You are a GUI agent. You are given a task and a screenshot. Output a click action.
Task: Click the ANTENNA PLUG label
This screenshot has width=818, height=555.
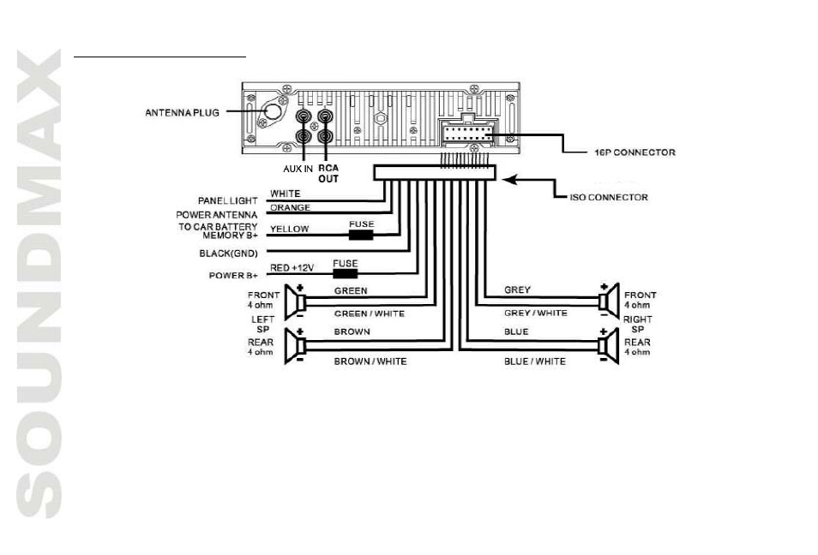182,112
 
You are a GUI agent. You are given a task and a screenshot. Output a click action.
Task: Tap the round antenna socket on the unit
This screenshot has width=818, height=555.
273,112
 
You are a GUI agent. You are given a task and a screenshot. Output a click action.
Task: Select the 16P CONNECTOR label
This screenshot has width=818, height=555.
635,152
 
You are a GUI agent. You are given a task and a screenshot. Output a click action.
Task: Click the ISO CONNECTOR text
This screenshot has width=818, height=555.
609,198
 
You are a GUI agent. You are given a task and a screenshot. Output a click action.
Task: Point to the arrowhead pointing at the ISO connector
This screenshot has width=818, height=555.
509,180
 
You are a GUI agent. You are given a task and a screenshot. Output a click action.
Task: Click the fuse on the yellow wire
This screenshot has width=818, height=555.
361,235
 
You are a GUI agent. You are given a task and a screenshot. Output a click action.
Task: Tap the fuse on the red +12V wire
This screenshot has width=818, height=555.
346,274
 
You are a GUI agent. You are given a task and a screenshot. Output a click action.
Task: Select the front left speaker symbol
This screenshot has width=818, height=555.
295,301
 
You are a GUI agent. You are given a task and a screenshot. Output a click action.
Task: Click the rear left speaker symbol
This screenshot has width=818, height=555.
295,345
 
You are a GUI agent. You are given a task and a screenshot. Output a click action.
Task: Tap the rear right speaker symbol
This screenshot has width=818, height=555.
609,345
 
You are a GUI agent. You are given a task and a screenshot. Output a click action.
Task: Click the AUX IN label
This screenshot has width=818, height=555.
298,169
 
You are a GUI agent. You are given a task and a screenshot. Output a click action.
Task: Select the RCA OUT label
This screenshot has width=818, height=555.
328,174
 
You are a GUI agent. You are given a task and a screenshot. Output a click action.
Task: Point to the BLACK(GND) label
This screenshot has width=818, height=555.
228,254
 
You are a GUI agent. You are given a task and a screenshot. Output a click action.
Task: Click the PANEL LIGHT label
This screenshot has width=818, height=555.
227,200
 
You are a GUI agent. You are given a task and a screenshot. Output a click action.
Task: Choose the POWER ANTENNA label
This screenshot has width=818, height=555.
216,215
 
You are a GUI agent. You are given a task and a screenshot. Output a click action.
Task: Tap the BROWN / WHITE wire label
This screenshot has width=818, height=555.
370,361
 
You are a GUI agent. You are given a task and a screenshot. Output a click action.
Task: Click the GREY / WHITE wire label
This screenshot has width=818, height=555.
536,313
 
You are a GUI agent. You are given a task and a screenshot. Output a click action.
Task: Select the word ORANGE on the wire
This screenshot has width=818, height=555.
290,207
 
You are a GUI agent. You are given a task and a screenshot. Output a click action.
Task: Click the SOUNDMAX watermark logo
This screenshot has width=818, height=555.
39,283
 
